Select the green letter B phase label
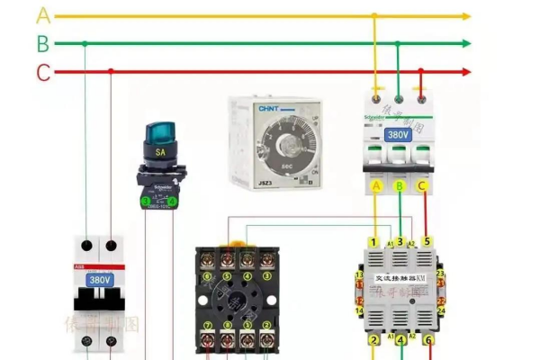tap(43, 43)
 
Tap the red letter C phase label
tap(43, 72)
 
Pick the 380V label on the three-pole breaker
tap(399, 135)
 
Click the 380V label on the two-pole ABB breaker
tap(99, 279)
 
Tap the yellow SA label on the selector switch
tap(161, 153)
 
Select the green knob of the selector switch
tap(160, 137)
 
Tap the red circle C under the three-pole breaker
tap(424, 186)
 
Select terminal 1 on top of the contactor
tap(373, 241)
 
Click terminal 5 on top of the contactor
tap(427, 241)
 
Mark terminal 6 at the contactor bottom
tap(428, 340)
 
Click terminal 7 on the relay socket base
tap(208, 324)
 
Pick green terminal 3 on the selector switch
tap(145, 201)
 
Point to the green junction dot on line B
tap(84, 43)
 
